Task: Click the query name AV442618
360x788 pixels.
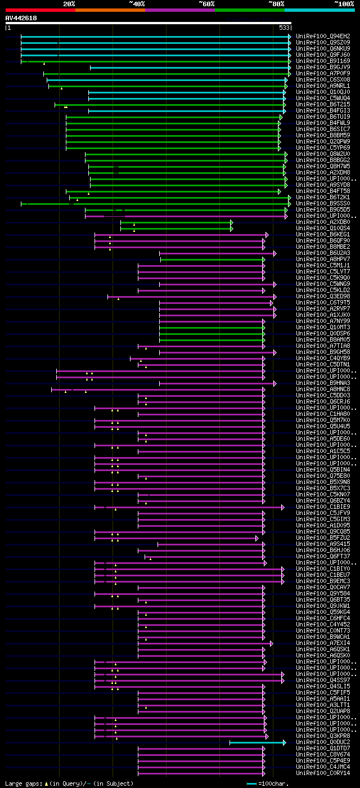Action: click(x=21, y=18)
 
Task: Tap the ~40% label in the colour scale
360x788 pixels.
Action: click(x=137, y=4)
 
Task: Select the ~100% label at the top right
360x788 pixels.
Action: click(x=344, y=4)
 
